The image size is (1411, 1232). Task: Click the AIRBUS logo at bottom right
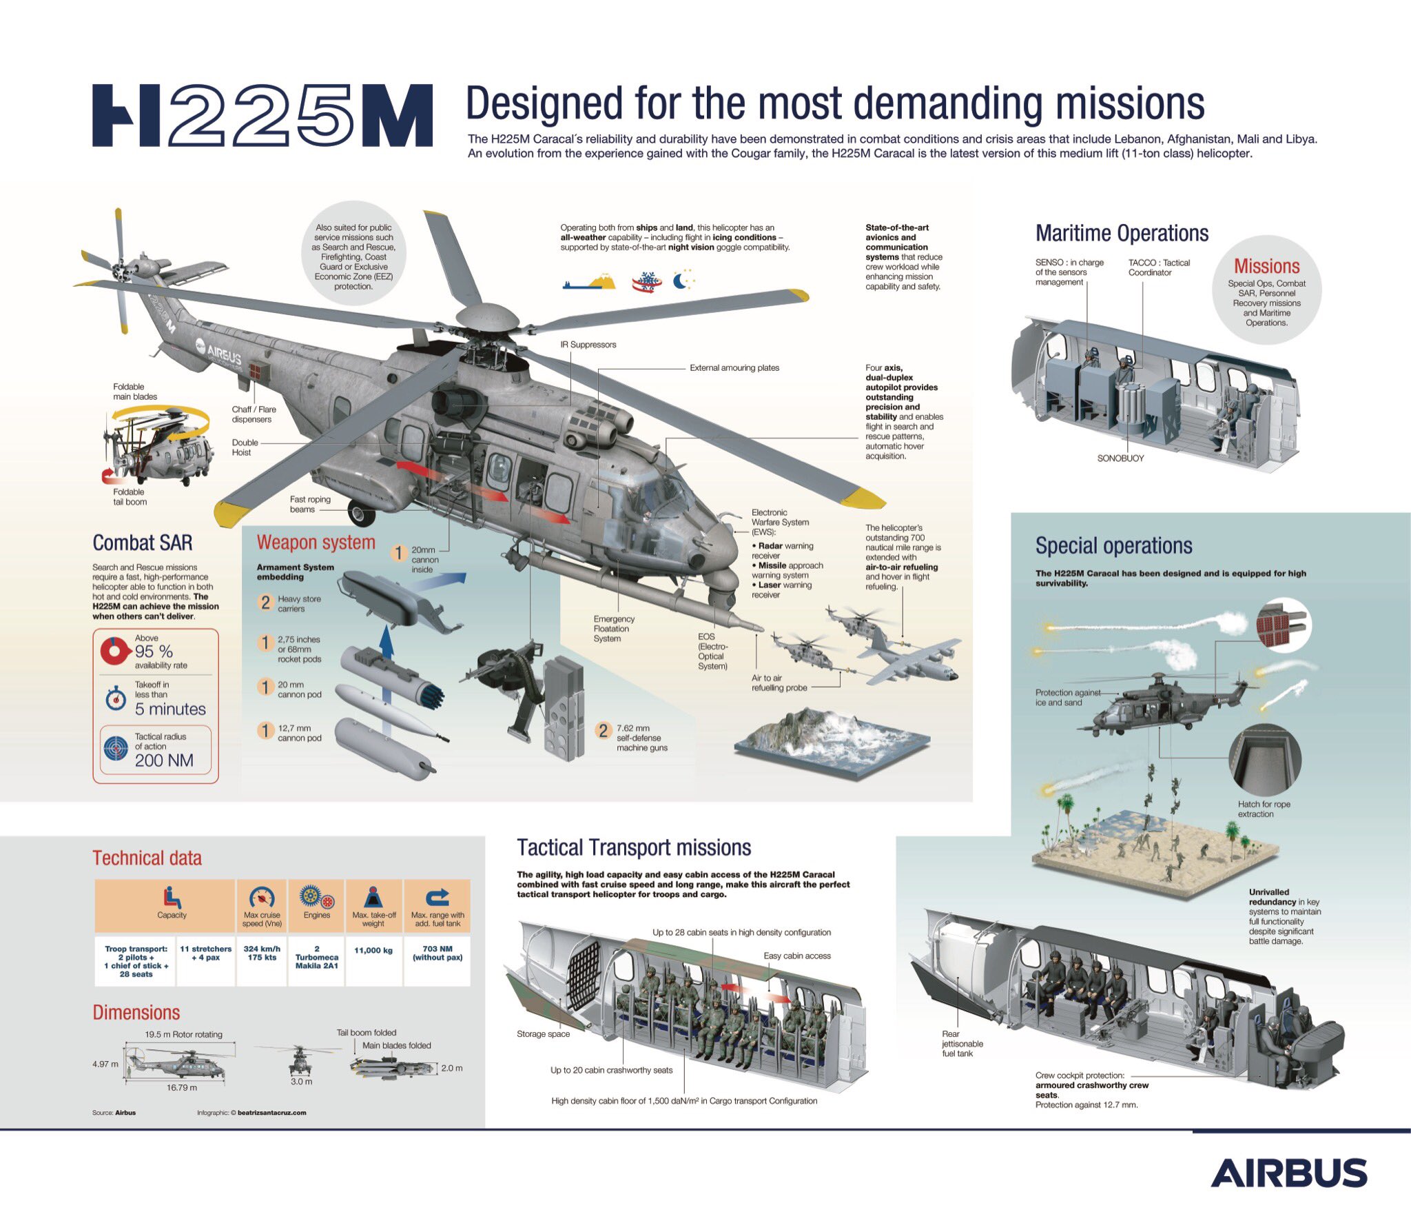pos(1288,1173)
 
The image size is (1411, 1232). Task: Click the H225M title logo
pos(262,115)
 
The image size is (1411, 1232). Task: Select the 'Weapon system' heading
pos(316,543)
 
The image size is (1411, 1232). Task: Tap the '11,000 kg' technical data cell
pos(373,951)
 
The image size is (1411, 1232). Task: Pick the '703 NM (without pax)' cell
pos(437,953)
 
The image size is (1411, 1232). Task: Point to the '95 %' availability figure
pos(154,652)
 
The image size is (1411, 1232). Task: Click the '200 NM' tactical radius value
pos(164,760)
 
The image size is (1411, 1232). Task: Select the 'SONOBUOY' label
pos(1120,458)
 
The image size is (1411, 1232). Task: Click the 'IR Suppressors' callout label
pos(588,345)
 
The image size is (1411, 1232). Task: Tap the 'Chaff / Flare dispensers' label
pos(254,414)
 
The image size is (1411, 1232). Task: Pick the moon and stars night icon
pos(683,281)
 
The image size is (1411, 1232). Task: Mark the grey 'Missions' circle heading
pos(1266,267)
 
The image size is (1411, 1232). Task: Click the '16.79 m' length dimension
pos(181,1088)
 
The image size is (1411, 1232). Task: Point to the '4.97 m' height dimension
pos(105,1064)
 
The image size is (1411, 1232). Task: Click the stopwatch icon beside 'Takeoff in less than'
pos(115,698)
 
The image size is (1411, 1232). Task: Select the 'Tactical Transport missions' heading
pos(634,848)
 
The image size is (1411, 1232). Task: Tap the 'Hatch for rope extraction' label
pos(1264,809)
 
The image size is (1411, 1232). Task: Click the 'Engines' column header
pos(317,915)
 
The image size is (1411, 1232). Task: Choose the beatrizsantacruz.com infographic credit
pos(271,1113)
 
